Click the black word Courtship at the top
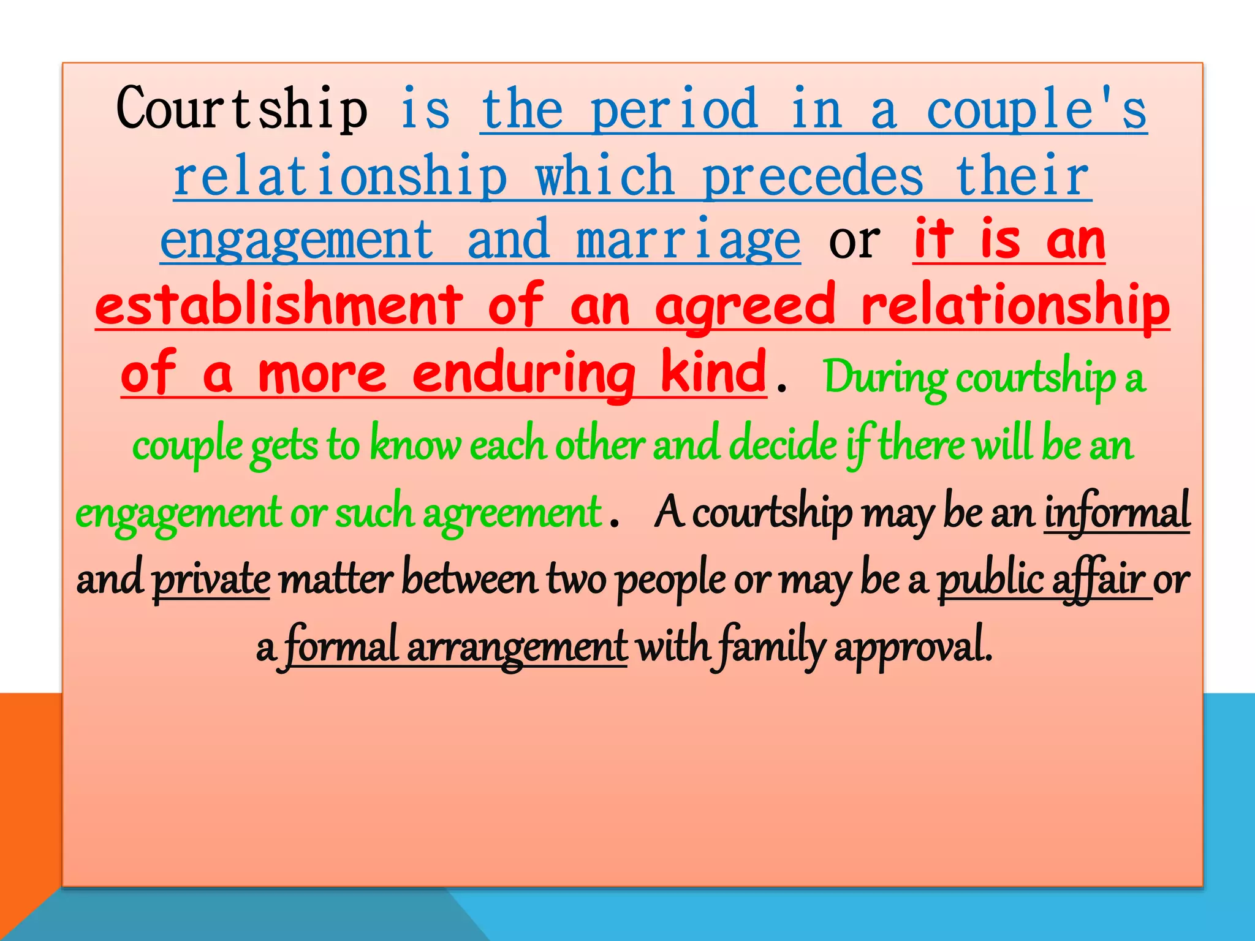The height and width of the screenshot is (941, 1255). click(242, 109)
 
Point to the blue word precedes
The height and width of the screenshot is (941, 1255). click(813, 176)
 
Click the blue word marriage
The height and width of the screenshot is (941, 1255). click(688, 241)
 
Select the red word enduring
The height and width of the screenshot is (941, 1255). click(524, 374)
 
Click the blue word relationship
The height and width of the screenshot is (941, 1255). click(341, 176)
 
